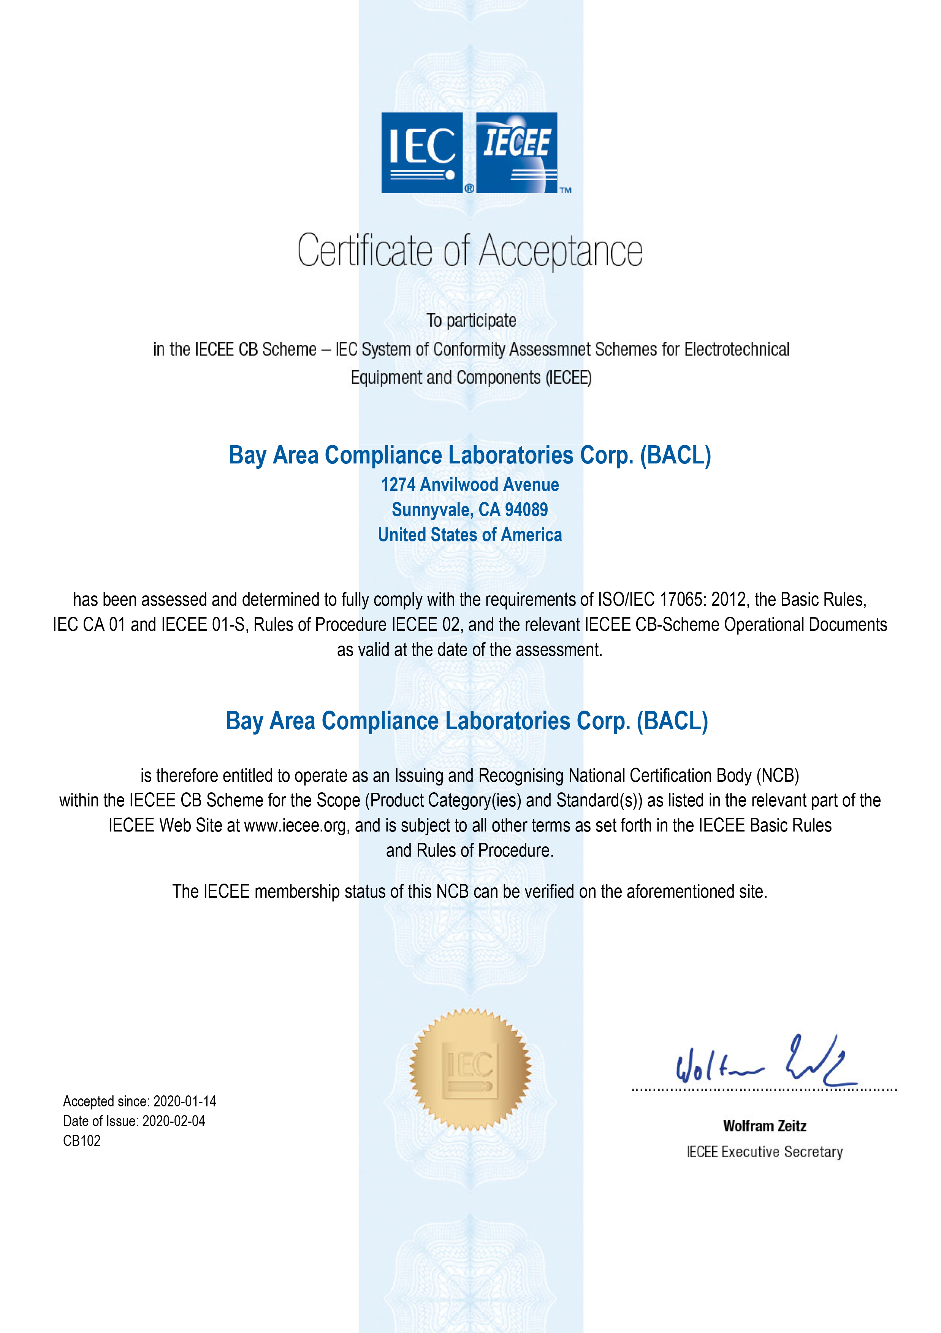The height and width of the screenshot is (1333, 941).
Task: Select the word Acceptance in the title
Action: pyautogui.click(x=561, y=251)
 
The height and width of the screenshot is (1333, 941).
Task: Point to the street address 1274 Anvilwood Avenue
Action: pyautogui.click(x=470, y=484)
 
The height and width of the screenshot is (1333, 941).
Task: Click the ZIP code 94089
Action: pyautogui.click(x=526, y=510)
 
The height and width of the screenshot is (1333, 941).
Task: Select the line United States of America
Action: pyautogui.click(x=470, y=535)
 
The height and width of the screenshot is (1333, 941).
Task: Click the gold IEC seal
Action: pyautogui.click(x=470, y=1070)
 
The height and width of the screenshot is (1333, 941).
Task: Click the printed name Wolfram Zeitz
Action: pyautogui.click(x=765, y=1126)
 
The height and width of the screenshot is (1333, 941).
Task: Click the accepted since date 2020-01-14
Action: pyautogui.click(x=185, y=1101)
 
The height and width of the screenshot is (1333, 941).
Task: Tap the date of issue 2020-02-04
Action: pyautogui.click(x=174, y=1121)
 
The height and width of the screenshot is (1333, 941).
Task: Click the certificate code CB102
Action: pyautogui.click(x=82, y=1141)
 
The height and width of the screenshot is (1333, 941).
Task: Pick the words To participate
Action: pyautogui.click(x=471, y=321)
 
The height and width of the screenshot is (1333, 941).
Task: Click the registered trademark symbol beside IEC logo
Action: pyautogui.click(x=469, y=188)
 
